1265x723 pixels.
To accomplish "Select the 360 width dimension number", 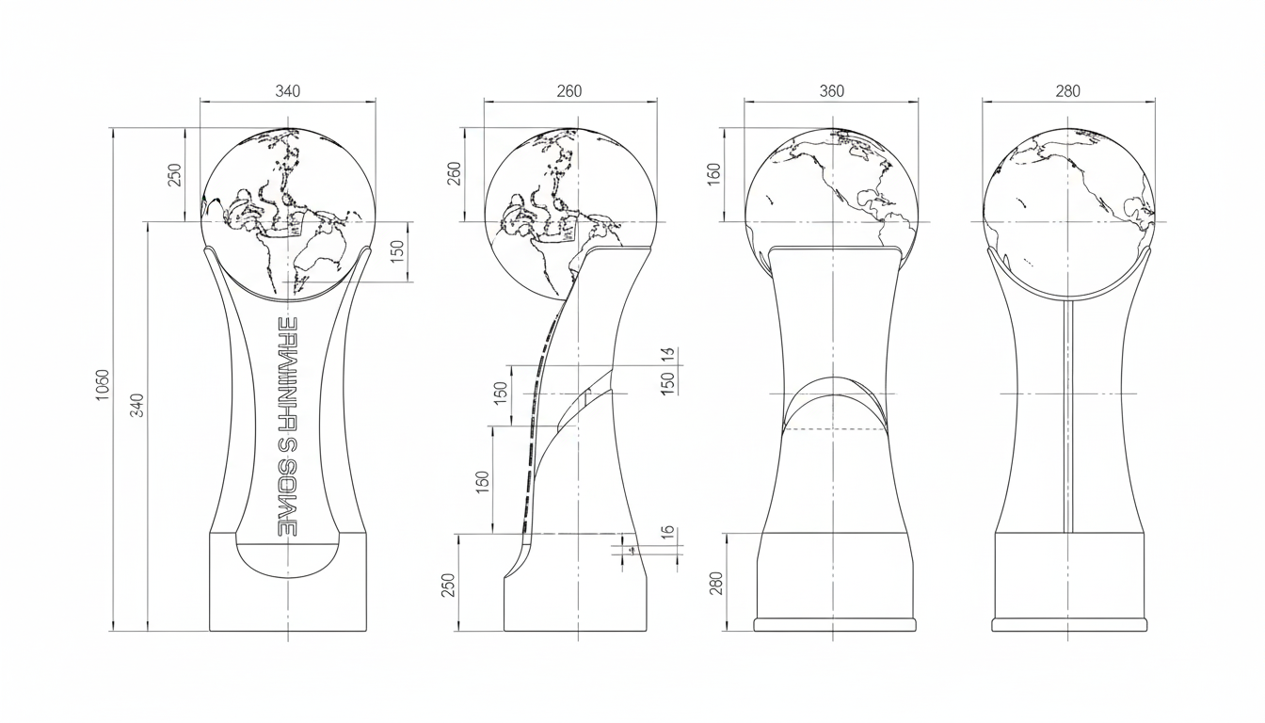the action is pos(832,91).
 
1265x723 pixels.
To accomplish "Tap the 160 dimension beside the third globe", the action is pos(713,174).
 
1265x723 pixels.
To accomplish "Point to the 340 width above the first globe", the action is pos(287,91).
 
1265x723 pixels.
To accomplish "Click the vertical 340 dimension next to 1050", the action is pos(137,405).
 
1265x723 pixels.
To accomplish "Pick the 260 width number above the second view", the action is pos(569,91).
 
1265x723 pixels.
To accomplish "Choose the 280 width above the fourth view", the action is pos(1067,91).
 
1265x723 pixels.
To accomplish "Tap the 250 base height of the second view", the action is pos(448,585).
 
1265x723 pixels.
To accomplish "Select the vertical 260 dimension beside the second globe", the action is pos(455,173).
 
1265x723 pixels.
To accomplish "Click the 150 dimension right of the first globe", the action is pos(397,251).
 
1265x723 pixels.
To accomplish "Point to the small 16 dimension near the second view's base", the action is pos(667,532).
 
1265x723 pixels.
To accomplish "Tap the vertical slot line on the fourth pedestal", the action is pos(1066,414).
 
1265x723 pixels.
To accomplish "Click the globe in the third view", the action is pos(832,188).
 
